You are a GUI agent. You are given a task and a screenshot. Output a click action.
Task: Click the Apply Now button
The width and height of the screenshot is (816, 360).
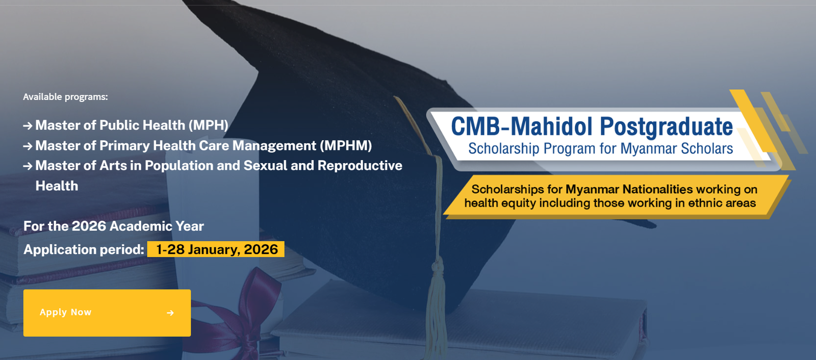coord(107,313)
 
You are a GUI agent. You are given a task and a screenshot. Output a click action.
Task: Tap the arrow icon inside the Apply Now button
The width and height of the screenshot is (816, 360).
coord(170,313)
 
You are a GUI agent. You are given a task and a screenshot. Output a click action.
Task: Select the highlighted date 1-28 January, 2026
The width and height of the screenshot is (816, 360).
coord(216,249)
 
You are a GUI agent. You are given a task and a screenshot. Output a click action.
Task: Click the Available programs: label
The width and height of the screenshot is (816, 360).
coord(65,97)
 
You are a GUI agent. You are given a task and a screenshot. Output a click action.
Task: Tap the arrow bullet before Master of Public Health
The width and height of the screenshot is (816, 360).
coord(28,126)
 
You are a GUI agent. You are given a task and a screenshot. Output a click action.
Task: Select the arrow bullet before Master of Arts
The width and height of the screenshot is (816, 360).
coord(28,166)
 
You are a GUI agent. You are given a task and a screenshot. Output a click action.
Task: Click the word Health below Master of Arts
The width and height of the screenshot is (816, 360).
coord(57,186)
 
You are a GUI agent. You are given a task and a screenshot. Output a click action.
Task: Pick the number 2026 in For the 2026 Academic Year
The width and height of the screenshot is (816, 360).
coord(89,226)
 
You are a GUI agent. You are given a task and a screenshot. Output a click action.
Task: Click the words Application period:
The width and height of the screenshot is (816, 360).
coord(84,249)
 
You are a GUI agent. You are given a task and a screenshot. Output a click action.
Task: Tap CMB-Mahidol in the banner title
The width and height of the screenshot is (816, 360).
coord(521,127)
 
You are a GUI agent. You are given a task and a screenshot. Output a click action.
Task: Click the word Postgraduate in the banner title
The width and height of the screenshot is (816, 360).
coord(666,127)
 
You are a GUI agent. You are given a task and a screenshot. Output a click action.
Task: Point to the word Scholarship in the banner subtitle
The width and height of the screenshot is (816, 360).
coord(503,149)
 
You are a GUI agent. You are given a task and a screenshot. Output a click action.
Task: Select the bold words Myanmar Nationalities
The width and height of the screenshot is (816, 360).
coord(629,189)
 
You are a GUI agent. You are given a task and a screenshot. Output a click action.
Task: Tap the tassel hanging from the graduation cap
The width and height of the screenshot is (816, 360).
coord(436,296)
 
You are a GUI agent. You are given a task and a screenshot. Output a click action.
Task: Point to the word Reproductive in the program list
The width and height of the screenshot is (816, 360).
coord(360,166)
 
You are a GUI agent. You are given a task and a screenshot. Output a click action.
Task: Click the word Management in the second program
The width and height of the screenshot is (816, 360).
coord(274,146)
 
